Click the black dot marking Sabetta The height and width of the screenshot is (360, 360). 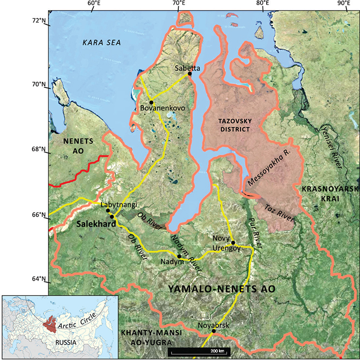pos(189,73)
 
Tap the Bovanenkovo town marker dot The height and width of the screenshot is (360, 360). pos(151,102)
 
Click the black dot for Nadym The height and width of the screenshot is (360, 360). pos(179,256)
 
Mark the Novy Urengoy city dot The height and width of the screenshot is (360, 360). pos(233,243)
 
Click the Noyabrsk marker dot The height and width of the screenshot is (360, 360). pos(214,331)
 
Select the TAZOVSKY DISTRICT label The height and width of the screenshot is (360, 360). pos(232,125)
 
